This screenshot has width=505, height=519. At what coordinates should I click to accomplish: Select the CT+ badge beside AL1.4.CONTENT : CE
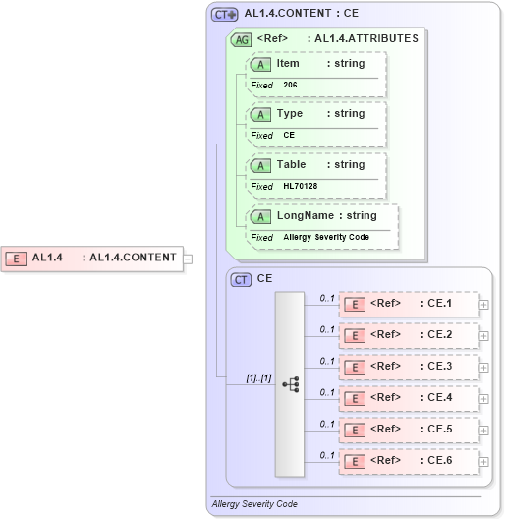225,15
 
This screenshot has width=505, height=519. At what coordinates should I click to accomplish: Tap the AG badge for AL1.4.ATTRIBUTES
241,39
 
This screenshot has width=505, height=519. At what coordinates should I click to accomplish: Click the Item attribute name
288,63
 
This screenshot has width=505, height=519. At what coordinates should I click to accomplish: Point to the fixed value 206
290,85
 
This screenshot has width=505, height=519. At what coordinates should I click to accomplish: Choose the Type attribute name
290,114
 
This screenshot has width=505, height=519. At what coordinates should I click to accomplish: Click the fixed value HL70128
300,186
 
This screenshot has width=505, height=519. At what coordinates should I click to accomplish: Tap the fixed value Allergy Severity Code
326,237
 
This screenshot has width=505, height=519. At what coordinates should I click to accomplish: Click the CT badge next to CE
242,279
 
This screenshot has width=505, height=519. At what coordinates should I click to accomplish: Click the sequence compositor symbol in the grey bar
290,384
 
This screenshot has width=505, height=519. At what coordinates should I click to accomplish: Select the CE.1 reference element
408,304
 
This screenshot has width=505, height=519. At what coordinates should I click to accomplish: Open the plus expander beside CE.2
483,336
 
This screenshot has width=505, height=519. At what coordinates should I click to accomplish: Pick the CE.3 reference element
408,367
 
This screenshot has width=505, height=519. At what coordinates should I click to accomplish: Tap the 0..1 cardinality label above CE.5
327,424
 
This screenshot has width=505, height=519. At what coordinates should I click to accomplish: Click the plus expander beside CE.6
483,461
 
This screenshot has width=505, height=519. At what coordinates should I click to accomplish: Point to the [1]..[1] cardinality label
258,377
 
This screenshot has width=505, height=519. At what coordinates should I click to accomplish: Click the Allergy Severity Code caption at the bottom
254,504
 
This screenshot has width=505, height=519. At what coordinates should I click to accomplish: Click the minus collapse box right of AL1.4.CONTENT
188,259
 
